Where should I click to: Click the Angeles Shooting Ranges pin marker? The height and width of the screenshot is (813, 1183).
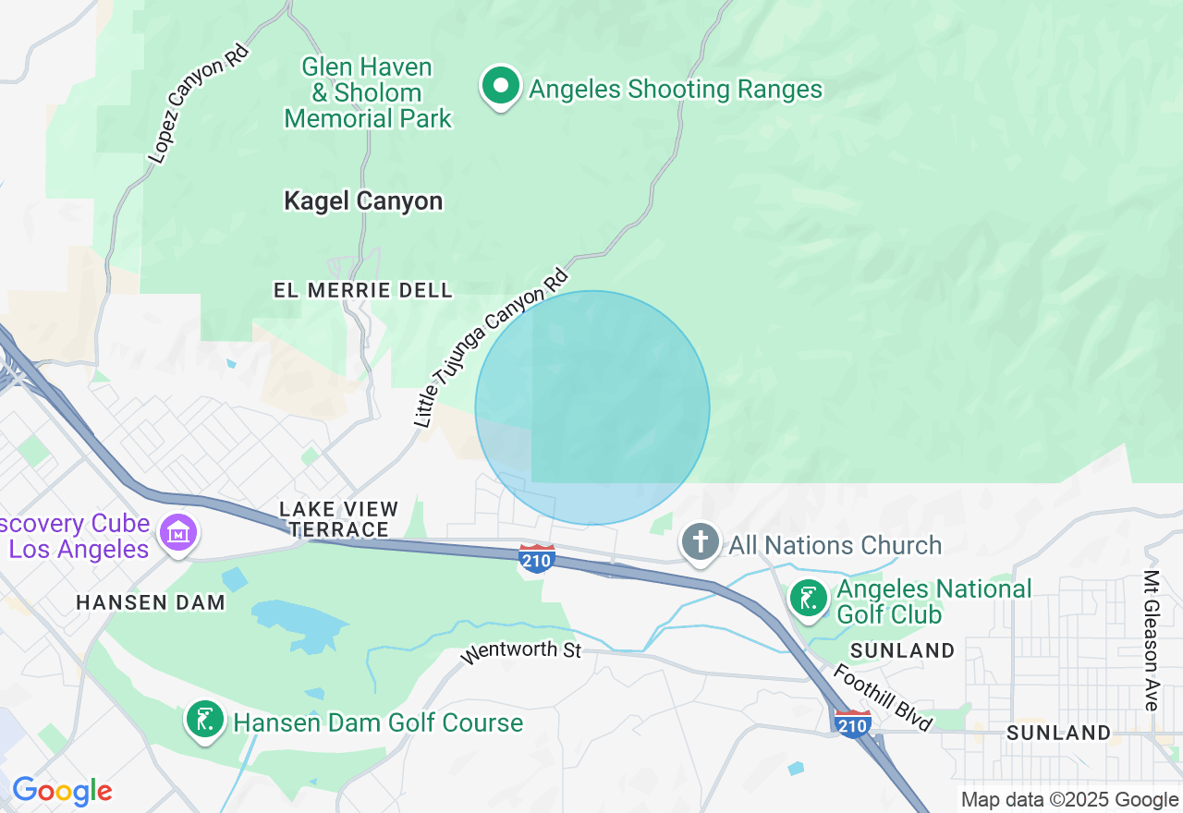point(501,87)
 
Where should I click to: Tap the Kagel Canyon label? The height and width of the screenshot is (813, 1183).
point(363,200)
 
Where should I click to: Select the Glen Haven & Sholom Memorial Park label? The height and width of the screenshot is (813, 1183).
point(368,93)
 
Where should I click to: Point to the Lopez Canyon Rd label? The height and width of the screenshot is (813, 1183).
point(199,104)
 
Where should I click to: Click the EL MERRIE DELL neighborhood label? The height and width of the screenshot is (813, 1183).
point(363,290)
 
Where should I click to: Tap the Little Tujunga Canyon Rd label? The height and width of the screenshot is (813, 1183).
point(491,348)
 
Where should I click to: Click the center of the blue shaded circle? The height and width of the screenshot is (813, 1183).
point(592,407)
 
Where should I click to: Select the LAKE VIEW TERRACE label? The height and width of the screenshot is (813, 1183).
point(339,519)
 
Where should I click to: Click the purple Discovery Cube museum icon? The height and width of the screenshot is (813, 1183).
point(177,534)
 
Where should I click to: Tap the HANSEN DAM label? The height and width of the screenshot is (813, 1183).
point(151,602)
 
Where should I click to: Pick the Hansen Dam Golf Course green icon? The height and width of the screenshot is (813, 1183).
point(205,720)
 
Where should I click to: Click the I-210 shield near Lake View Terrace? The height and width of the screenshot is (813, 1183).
point(537,558)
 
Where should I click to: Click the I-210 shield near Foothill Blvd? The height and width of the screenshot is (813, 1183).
point(851,723)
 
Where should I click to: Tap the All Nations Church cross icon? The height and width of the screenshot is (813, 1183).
point(701,542)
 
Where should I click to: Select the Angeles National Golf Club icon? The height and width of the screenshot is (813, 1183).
point(809,599)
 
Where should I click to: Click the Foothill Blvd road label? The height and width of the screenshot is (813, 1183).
point(883,698)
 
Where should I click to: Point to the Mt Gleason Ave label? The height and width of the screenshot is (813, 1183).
point(1151,640)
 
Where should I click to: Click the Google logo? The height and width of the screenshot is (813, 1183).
point(62,791)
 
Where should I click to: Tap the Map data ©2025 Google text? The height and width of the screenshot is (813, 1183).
point(1068,800)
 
